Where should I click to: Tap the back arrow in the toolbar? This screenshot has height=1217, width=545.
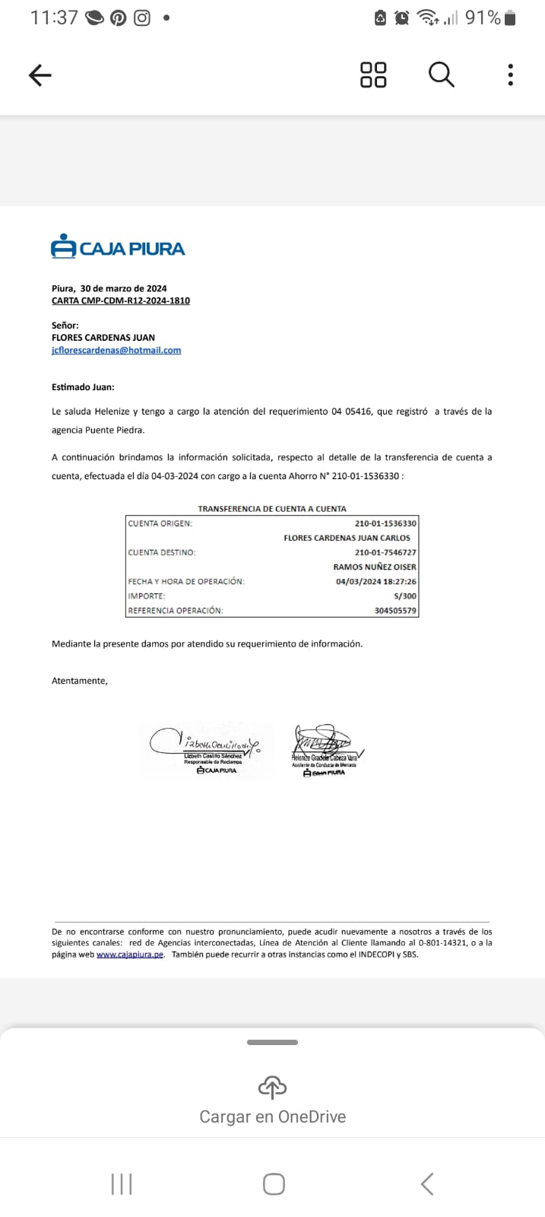pos(40,75)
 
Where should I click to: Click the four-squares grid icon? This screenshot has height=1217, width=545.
pos(372,75)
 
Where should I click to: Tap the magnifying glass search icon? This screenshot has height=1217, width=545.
pos(441,75)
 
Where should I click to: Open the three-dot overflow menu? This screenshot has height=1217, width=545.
pos(510,75)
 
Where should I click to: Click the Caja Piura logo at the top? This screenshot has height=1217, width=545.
pos(118,247)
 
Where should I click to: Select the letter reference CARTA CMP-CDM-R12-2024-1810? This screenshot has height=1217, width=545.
pos(121,300)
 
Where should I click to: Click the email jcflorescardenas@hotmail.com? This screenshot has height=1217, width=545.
pos(116,350)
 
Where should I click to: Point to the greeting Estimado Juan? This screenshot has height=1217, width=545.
pos(83,387)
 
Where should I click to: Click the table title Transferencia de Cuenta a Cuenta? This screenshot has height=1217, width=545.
pos(272,508)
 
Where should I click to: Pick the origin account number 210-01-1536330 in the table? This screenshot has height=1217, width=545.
pos(385,523)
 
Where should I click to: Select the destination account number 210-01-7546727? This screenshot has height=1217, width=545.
pos(385,552)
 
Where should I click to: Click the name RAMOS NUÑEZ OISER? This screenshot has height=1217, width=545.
pos(375,567)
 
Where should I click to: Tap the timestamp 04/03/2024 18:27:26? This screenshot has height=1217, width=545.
pos(376,582)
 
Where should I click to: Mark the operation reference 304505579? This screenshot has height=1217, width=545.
pos(395,611)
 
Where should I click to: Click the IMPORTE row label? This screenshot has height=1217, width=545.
pos(147,596)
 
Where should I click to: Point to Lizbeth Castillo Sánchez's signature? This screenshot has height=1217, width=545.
pos(205,742)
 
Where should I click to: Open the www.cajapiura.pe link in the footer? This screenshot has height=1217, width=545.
pos(130,955)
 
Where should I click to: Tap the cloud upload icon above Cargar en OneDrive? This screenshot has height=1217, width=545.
pos(272,1088)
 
